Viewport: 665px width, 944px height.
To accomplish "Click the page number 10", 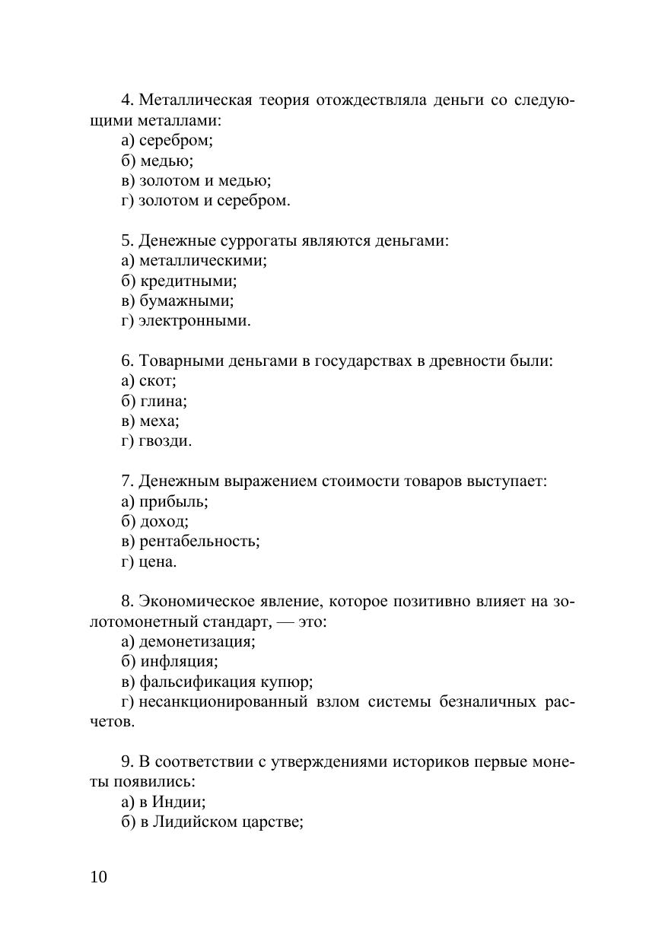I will [x=99, y=877].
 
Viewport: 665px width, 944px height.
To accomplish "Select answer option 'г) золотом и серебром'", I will [x=205, y=201].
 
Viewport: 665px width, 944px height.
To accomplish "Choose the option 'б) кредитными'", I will [x=179, y=281].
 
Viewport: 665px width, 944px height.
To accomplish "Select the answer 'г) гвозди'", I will [x=156, y=441].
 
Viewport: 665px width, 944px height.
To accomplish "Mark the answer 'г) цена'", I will [x=149, y=562].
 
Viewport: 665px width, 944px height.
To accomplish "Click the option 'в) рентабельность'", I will [x=190, y=542].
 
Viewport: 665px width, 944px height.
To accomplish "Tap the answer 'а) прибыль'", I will [x=164, y=501].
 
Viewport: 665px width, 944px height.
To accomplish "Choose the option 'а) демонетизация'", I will [x=188, y=641].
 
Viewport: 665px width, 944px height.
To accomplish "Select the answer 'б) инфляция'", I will [x=169, y=662].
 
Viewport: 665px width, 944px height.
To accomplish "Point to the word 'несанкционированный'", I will [x=224, y=701].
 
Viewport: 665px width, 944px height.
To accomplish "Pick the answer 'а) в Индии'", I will [x=164, y=802].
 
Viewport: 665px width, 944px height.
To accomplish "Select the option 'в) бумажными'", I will [x=177, y=301].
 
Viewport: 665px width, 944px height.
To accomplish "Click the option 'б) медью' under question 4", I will [x=157, y=161].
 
